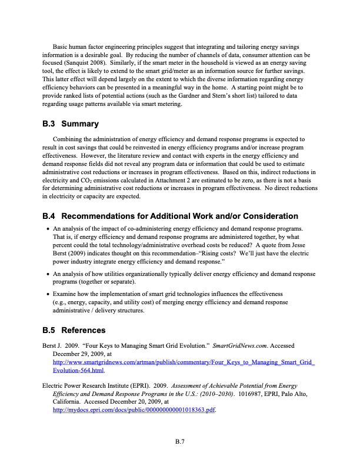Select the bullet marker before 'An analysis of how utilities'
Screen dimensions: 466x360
[48, 274]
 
